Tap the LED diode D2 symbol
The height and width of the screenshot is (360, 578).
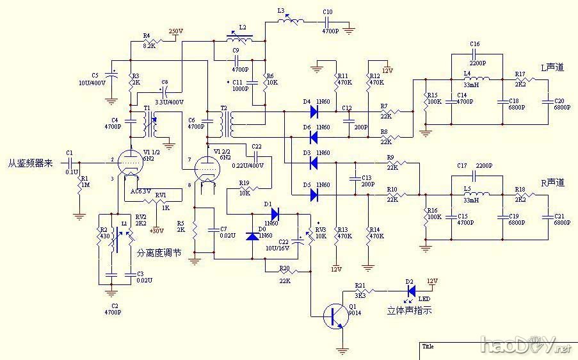[411, 290]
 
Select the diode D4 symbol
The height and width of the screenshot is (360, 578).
[314, 111]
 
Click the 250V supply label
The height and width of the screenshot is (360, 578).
[175, 31]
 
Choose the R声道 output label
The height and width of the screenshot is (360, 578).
[553, 183]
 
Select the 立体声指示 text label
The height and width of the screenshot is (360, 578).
[410, 311]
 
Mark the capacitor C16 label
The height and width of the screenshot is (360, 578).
[474, 44]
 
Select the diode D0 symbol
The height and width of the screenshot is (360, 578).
[253, 236]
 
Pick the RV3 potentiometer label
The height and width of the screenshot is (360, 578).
[321, 229]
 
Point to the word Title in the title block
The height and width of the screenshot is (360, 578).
[428, 347]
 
